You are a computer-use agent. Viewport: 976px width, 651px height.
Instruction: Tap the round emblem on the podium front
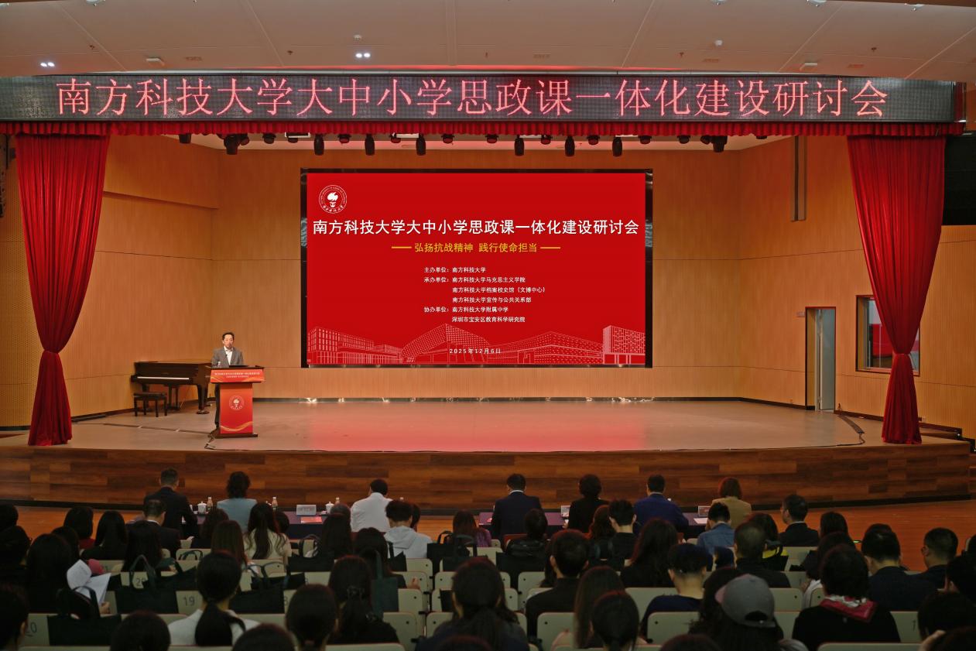[236, 403]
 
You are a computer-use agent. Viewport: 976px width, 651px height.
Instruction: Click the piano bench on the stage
[150, 402]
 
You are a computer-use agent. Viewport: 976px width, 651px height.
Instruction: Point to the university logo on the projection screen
[333, 198]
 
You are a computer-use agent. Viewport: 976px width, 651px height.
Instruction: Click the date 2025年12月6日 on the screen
[476, 351]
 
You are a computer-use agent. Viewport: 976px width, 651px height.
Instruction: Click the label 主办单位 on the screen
[436, 269]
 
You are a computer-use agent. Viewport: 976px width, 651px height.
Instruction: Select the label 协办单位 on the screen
[436, 309]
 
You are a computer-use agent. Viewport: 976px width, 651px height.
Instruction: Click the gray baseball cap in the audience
[747, 599]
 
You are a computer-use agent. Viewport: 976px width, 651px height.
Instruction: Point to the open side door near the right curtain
[820, 358]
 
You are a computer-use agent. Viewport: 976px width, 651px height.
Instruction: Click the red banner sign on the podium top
[237, 375]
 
